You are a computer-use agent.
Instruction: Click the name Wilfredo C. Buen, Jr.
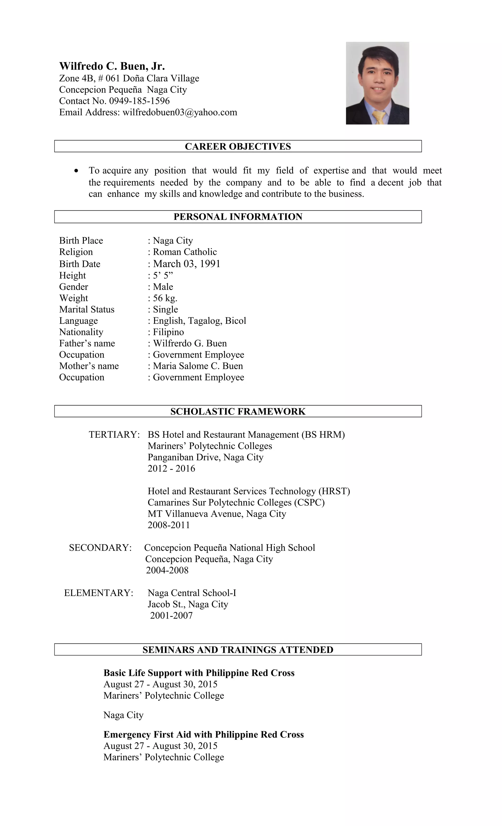(112, 66)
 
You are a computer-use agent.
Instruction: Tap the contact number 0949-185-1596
(139, 101)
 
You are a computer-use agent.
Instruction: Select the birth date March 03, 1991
(187, 264)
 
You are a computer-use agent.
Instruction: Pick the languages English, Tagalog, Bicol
(199, 321)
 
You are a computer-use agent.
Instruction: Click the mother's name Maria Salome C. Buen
(198, 366)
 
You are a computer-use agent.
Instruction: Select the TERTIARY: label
(114, 435)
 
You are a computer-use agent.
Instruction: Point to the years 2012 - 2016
(171, 469)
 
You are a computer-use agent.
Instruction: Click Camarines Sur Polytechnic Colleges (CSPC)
(236, 503)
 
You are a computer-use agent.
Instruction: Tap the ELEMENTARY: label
(99, 593)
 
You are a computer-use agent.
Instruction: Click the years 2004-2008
(167, 570)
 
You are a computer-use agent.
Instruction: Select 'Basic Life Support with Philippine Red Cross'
(199, 673)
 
